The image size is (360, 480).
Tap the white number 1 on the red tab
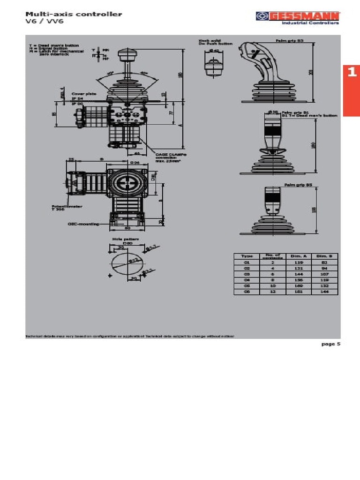(x=352, y=72)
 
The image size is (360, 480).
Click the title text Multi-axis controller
(x=73, y=14)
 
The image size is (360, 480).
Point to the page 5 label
(x=330, y=344)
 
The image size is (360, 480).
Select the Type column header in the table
(x=247, y=256)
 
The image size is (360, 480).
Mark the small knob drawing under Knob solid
(x=214, y=64)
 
